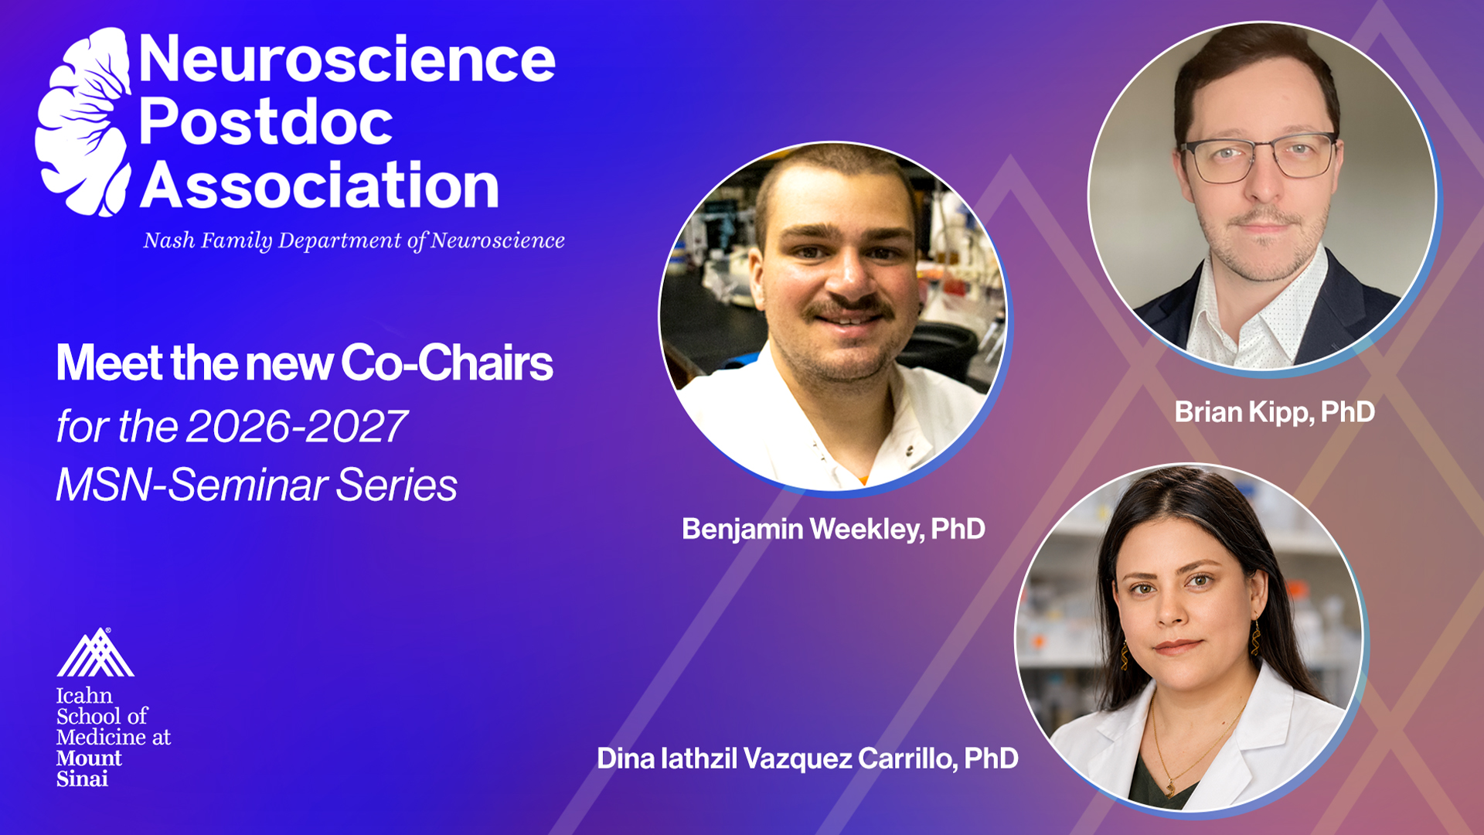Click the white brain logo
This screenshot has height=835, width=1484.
click(83, 122)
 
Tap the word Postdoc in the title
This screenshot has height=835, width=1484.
click(266, 122)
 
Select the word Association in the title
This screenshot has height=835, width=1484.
click(319, 186)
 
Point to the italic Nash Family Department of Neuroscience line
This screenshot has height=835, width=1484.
click(354, 240)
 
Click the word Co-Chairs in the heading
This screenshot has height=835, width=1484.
click(447, 363)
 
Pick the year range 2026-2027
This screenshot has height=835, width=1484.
click(297, 426)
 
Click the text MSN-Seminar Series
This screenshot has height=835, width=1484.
click(257, 486)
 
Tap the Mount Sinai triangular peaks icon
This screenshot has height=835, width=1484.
click(95, 653)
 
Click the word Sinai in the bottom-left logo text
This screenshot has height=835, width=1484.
click(82, 779)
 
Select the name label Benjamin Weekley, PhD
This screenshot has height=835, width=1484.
click(833, 529)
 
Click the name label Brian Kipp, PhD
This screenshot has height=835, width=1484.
click(1275, 412)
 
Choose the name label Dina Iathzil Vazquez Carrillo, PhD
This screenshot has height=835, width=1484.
click(807, 758)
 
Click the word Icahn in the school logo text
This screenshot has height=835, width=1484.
click(84, 695)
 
